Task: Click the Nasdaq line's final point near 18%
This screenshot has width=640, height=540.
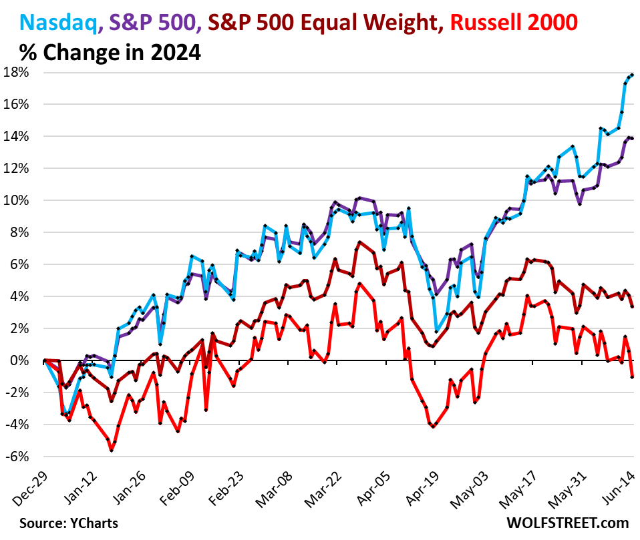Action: point(632,75)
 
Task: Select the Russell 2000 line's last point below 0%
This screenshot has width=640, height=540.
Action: point(632,377)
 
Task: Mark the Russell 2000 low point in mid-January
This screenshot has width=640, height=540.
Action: point(112,451)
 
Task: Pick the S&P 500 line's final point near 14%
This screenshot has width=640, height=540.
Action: point(632,138)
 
